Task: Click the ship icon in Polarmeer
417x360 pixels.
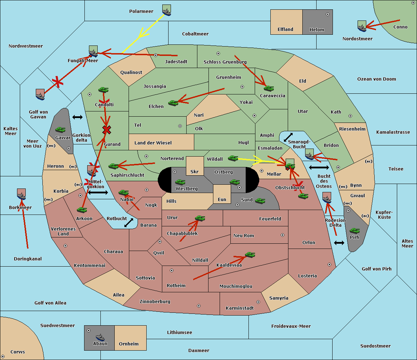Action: click(167, 10)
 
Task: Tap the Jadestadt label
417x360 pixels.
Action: click(176, 62)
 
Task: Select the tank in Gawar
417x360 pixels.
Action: click(60, 129)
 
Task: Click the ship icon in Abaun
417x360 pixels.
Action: click(100, 337)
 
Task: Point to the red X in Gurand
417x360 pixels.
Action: click(107, 130)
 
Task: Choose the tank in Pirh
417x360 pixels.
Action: click(354, 231)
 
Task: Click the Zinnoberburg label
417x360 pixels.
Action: click(155, 302)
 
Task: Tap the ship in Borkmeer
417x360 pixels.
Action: click(22, 194)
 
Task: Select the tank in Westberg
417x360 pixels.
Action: click(180, 182)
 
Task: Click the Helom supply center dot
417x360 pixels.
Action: click(328, 14)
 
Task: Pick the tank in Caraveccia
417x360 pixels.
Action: click(269, 88)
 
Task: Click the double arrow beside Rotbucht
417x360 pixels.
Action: click(129, 223)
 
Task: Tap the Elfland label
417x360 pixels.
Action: click(285, 30)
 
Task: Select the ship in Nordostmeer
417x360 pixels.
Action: click(362, 26)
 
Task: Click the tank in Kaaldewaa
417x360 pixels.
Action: click(250, 255)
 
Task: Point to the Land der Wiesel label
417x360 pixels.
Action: click(153, 143)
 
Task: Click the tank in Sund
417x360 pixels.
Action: click(260, 201)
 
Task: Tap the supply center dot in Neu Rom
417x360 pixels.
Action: click(283, 235)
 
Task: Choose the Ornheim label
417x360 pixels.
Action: click(129, 344)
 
